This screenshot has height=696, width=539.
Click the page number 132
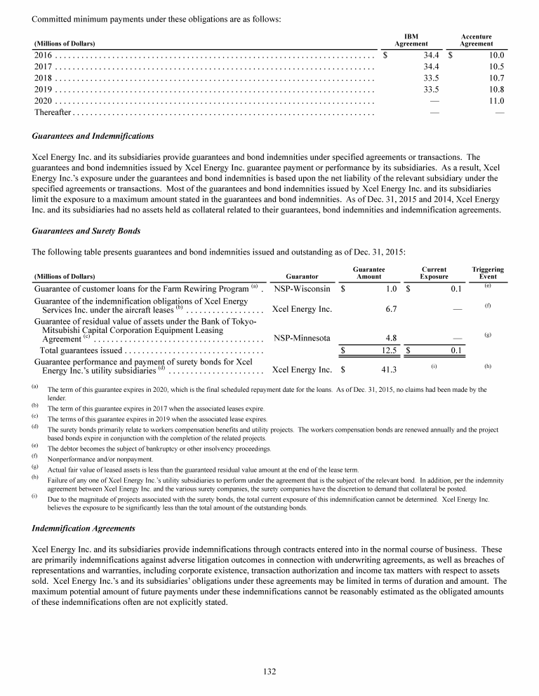point(269,671)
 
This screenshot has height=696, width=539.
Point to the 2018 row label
point(44,78)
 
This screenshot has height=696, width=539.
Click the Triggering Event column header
point(487,273)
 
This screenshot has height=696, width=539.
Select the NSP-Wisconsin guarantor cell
point(302,288)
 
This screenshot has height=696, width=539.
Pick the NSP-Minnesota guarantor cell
point(302,337)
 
